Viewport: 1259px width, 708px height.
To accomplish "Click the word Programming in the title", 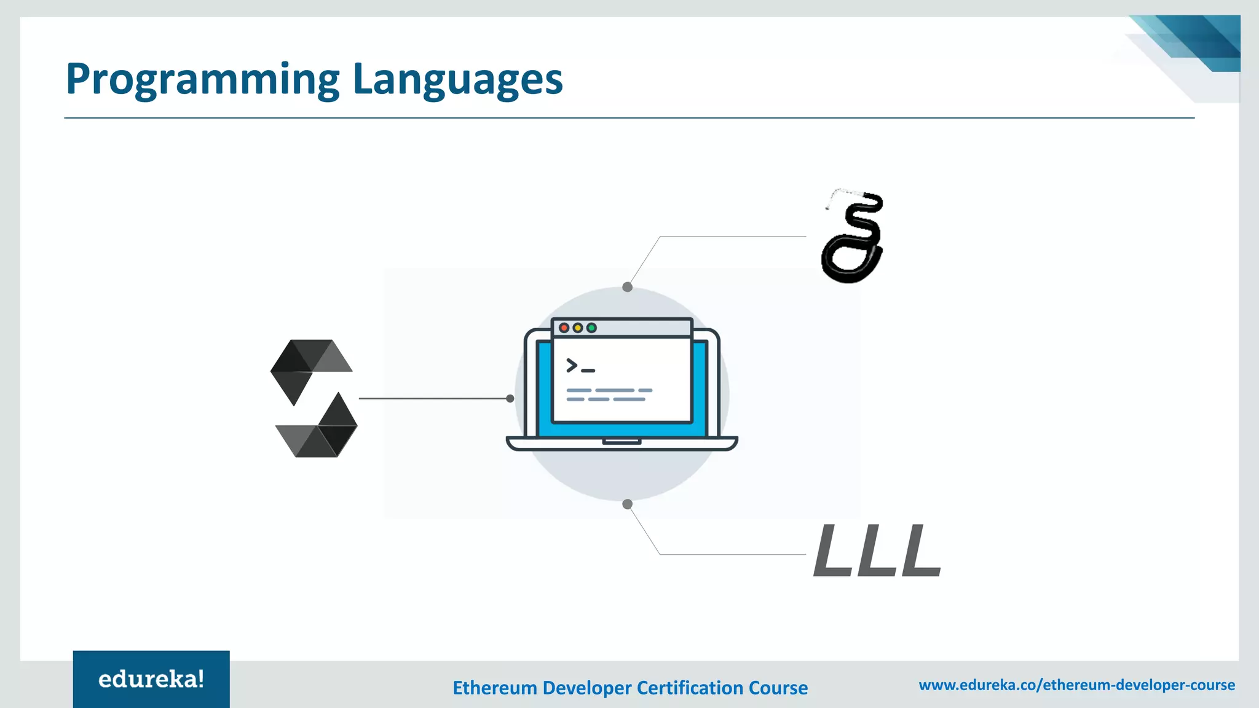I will [x=203, y=80].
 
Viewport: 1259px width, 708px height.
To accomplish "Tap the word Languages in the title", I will [x=458, y=80].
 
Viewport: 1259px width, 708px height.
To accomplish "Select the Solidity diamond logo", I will [x=314, y=398].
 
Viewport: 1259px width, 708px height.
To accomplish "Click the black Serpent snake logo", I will [x=853, y=237].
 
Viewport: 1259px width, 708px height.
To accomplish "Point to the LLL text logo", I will [x=877, y=551].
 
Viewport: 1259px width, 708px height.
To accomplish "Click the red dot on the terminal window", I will [x=564, y=328].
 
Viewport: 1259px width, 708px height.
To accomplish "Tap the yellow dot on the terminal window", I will [x=578, y=328].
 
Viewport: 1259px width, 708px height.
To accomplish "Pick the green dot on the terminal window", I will [x=591, y=328].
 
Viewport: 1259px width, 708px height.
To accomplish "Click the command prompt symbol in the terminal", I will [x=580, y=366].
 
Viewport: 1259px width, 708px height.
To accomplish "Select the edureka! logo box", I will [x=151, y=679].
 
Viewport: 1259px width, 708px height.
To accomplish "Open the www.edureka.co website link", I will [x=1076, y=685].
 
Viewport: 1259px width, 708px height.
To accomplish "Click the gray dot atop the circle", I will [x=627, y=287].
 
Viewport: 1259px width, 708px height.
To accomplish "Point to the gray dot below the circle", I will [x=627, y=504].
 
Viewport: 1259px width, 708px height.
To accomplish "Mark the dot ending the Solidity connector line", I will [x=510, y=398].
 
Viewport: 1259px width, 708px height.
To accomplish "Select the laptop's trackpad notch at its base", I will [x=622, y=441].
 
